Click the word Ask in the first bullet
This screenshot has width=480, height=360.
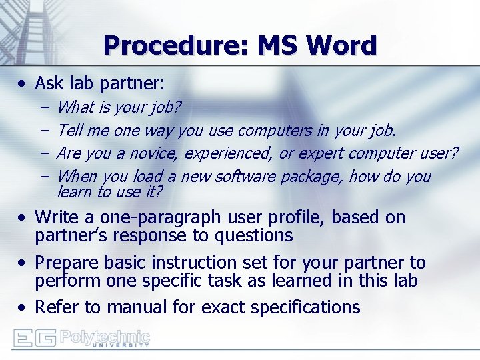(x=48, y=83)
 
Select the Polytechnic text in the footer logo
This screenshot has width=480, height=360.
(x=105, y=335)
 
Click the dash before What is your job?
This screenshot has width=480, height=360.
(x=43, y=107)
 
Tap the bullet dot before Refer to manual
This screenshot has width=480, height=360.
(x=23, y=307)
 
